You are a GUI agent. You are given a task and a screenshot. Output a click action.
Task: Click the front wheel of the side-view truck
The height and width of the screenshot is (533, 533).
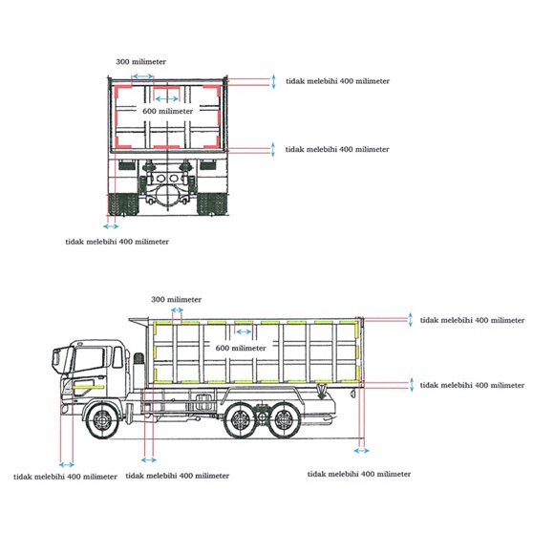(102, 420)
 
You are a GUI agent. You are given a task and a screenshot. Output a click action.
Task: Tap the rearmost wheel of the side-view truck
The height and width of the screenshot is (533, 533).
(284, 420)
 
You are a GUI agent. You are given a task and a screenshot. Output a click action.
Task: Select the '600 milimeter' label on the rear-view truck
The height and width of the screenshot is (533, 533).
(167, 111)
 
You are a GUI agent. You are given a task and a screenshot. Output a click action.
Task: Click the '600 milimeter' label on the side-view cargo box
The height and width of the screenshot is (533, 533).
(241, 348)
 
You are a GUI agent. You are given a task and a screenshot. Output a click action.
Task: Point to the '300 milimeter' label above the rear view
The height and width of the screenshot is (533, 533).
(141, 62)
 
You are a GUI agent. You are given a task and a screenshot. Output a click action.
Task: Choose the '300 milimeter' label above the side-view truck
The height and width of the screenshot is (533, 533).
(176, 300)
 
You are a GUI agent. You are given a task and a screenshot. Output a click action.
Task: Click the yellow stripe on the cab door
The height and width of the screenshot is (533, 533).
(88, 387)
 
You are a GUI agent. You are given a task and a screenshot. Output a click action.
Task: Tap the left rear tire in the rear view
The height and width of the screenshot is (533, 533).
(124, 204)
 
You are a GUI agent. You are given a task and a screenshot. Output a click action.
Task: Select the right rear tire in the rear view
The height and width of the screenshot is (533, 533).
(212, 204)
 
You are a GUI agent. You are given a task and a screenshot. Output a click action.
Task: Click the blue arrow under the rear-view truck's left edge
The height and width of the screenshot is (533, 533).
(111, 226)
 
